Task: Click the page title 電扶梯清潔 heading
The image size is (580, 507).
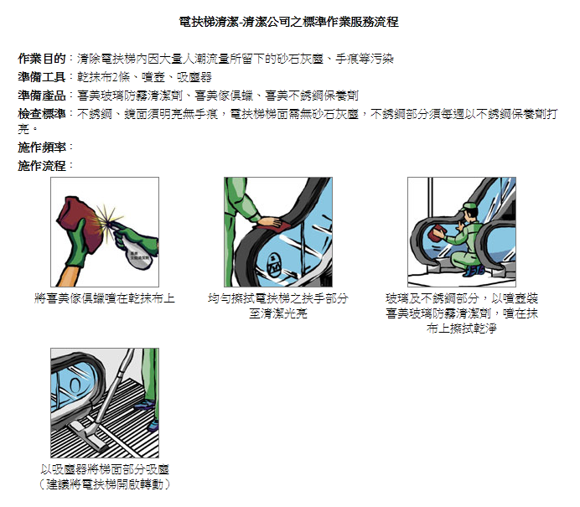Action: [288, 22]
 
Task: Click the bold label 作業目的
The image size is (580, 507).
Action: [42, 59]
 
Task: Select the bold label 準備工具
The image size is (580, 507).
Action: [42, 77]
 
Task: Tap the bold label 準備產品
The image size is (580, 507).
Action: [42, 96]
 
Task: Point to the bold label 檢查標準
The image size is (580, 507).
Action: [42, 114]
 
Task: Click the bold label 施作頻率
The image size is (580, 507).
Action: [42, 147]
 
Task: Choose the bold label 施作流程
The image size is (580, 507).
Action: [42, 166]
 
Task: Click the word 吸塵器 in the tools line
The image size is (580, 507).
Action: [194, 77]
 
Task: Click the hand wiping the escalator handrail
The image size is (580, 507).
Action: [269, 223]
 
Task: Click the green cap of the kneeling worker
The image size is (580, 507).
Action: [468, 207]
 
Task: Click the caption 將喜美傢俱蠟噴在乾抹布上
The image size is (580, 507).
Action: [105, 298]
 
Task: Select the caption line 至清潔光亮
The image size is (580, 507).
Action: [278, 313]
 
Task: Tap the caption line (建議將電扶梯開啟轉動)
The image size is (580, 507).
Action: [105, 484]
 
